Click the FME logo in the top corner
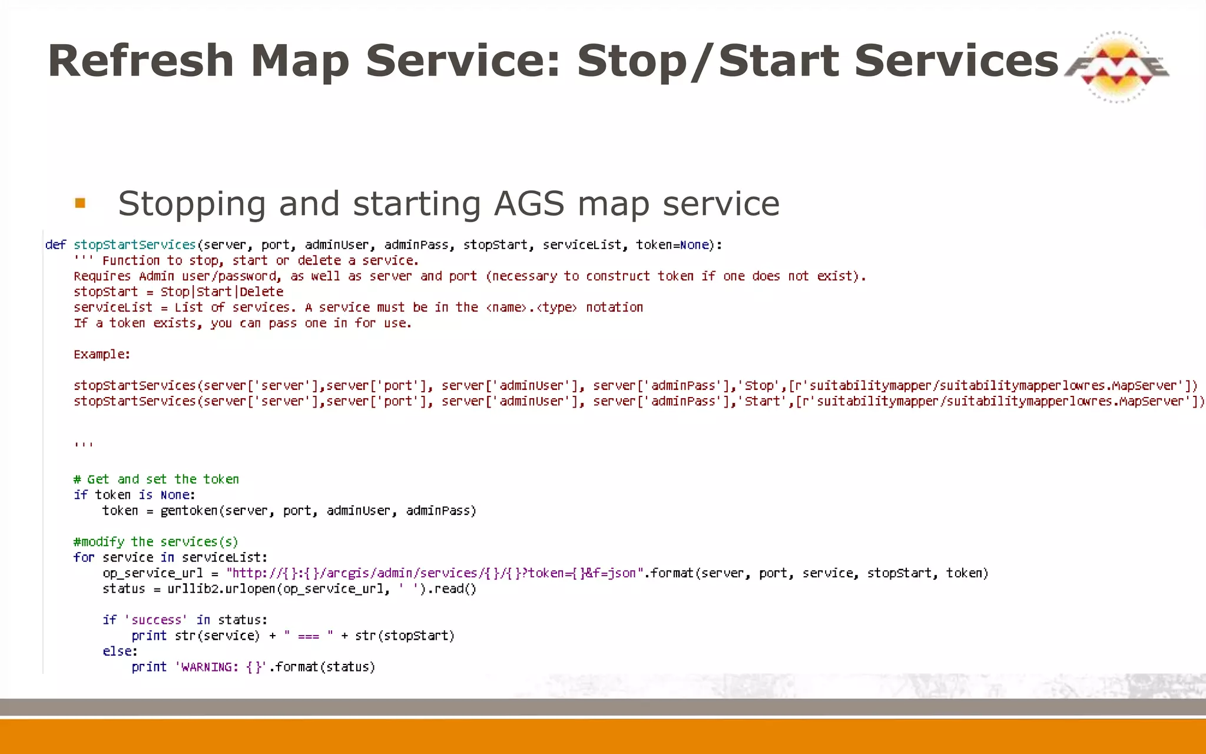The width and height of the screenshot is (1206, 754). pyautogui.click(x=1116, y=67)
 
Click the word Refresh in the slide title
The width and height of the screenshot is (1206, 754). pyautogui.click(x=141, y=61)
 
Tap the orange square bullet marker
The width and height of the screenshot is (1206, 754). pyautogui.click(x=81, y=203)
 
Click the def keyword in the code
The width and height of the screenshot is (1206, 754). pyautogui.click(x=55, y=245)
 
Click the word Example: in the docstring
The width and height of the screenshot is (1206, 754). pyautogui.click(x=102, y=355)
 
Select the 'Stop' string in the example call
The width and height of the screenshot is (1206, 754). pyautogui.click(x=758, y=386)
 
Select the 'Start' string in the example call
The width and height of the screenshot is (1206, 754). pyautogui.click(x=762, y=402)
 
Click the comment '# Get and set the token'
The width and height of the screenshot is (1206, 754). pyautogui.click(x=156, y=479)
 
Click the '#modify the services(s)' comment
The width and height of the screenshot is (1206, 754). pyautogui.click(x=155, y=542)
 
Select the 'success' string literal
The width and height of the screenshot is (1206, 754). pyautogui.click(x=156, y=620)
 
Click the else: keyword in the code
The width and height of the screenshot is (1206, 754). pyautogui.click(x=120, y=652)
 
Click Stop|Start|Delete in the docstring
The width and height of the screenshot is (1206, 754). pyautogui.click(x=221, y=292)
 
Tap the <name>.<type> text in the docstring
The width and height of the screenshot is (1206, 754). pyautogui.click(x=531, y=307)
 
